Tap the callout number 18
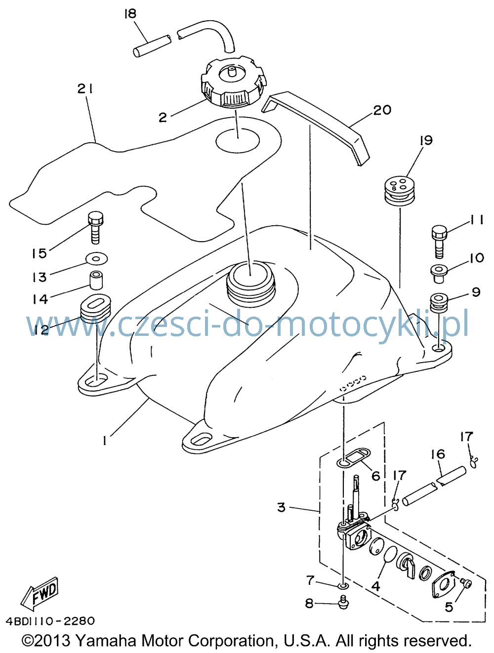click(130, 14)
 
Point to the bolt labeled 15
click(95, 227)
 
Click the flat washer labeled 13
click(96, 258)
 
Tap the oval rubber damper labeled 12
click(95, 309)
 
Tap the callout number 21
click(85, 88)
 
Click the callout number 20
click(382, 110)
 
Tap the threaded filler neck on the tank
click(251, 282)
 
